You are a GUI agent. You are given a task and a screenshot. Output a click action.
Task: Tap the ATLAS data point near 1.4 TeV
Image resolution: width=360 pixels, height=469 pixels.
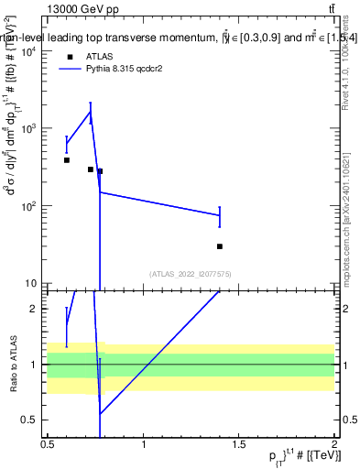click(220, 246)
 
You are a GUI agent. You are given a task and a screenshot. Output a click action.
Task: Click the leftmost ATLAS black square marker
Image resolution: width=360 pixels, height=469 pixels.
click(67, 160)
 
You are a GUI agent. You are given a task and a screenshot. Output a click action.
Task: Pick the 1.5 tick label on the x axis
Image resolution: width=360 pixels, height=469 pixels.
click(239, 444)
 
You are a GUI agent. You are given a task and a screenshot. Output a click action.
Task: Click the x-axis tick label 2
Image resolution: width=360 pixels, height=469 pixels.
click(334, 444)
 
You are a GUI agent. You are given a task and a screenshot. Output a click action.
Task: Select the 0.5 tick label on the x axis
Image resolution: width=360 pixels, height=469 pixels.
click(48, 444)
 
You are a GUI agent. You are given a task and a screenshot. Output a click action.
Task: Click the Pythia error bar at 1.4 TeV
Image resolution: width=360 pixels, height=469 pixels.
click(220, 216)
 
